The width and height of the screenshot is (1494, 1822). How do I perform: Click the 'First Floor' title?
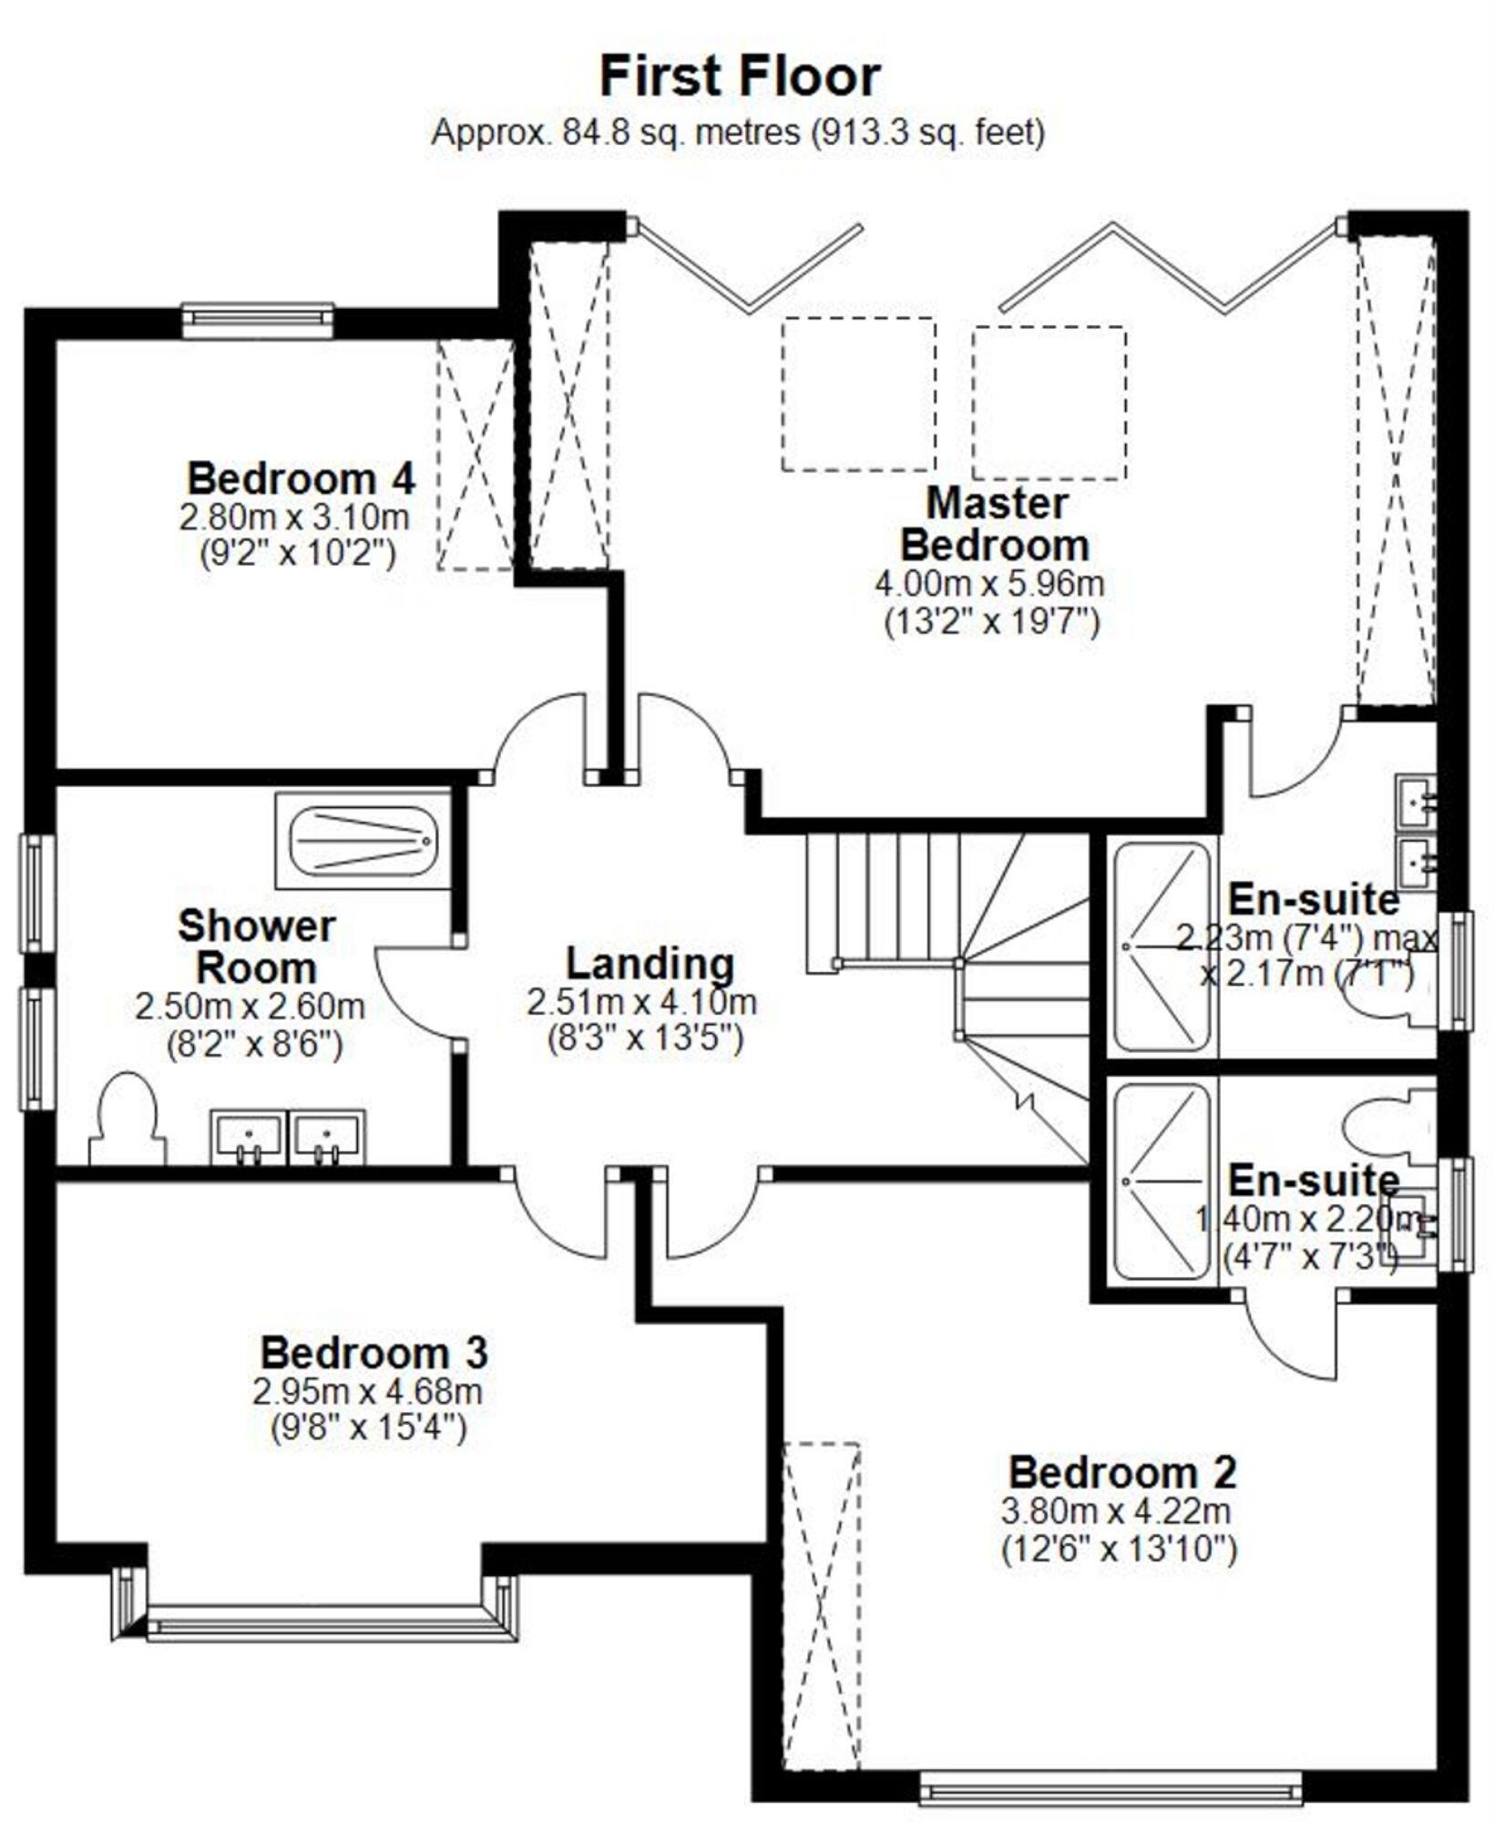point(740,77)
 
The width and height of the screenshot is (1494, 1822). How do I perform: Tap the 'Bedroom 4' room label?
point(301,478)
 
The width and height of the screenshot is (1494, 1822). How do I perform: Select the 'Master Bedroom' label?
point(995,524)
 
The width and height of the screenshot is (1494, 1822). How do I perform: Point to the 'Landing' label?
point(650,963)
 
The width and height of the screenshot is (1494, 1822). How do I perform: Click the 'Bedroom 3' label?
point(373,1352)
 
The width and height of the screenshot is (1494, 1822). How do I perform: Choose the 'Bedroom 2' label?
point(1122,1472)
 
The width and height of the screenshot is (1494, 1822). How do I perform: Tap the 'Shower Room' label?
point(257,947)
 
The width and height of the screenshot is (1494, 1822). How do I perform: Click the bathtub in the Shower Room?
point(363,841)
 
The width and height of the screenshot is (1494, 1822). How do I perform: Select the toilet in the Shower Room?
point(128,1118)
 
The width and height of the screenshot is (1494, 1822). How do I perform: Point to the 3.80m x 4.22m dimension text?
point(1116,1511)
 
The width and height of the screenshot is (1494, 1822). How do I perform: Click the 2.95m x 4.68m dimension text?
point(367,1391)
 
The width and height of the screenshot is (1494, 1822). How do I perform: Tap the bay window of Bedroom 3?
point(315,1602)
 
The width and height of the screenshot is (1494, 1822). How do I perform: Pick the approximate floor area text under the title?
point(738,133)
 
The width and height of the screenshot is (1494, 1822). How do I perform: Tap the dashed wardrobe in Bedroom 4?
point(476,455)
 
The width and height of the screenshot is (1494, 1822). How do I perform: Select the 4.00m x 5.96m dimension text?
point(990,583)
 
